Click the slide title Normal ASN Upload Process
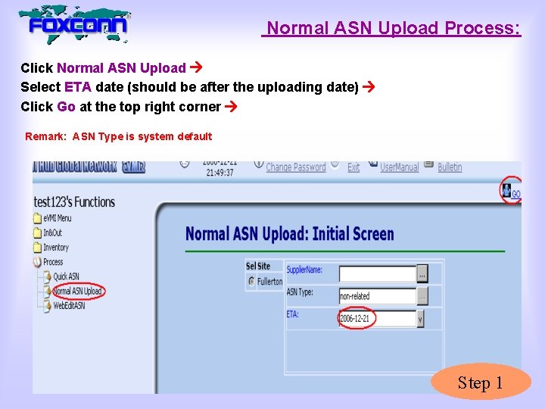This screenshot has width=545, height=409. [393, 29]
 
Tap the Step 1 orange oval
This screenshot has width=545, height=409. [481, 383]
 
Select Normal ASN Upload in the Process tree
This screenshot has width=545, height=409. [77, 292]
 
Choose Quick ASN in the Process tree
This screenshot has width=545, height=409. [66, 276]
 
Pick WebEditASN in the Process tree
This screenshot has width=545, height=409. [69, 306]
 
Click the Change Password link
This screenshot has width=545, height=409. [295, 167]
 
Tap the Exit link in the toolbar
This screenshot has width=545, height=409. [353, 167]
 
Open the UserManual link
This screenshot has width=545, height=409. [399, 167]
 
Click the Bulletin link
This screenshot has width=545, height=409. [450, 167]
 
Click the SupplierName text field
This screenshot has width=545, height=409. [377, 273]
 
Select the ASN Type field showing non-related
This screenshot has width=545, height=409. [377, 296]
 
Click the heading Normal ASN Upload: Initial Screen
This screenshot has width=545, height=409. [290, 233]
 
